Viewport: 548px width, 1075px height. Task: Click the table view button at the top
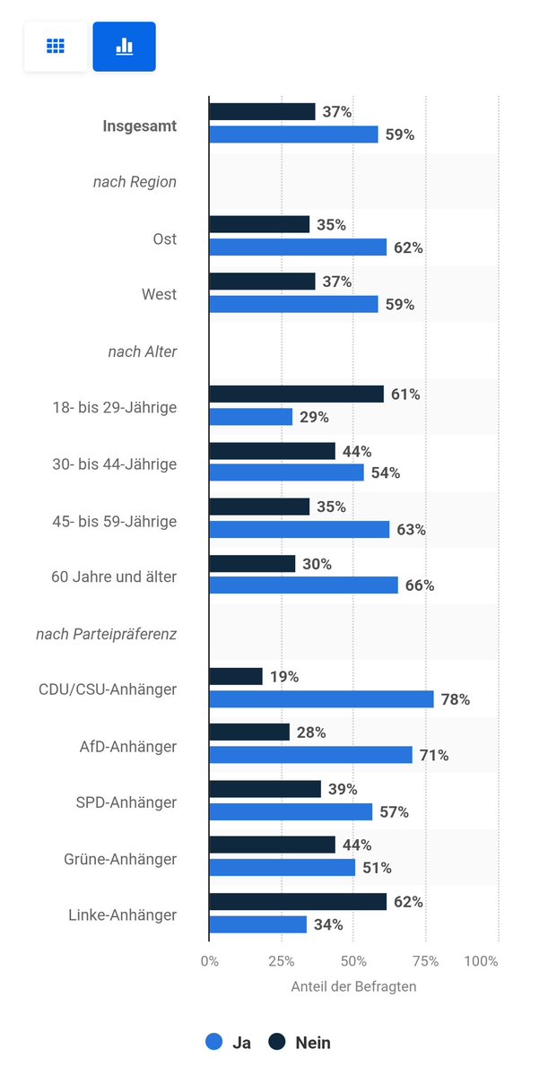[x=56, y=47]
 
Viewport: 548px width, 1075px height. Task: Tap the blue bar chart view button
[x=124, y=47]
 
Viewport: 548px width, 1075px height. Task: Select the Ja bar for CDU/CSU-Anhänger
[x=321, y=698]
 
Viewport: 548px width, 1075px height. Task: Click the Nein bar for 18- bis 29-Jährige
[x=296, y=394]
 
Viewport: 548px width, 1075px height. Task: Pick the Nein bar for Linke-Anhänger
[x=298, y=901]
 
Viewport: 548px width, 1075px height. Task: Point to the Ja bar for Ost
[x=298, y=247]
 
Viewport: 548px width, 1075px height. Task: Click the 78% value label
[x=455, y=698]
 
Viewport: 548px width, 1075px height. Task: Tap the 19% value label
[x=285, y=676]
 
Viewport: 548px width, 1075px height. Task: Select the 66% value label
[x=419, y=585]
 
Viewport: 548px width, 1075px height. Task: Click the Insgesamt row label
[x=139, y=126]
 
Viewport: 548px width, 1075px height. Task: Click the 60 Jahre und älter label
[x=114, y=577]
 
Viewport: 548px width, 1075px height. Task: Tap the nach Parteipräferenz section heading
[x=106, y=634]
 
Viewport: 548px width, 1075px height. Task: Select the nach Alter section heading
[x=143, y=351]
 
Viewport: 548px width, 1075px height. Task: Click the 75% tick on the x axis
[x=425, y=960]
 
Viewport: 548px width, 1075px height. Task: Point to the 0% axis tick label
[x=209, y=960]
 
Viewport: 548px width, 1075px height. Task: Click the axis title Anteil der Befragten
[x=353, y=986]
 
